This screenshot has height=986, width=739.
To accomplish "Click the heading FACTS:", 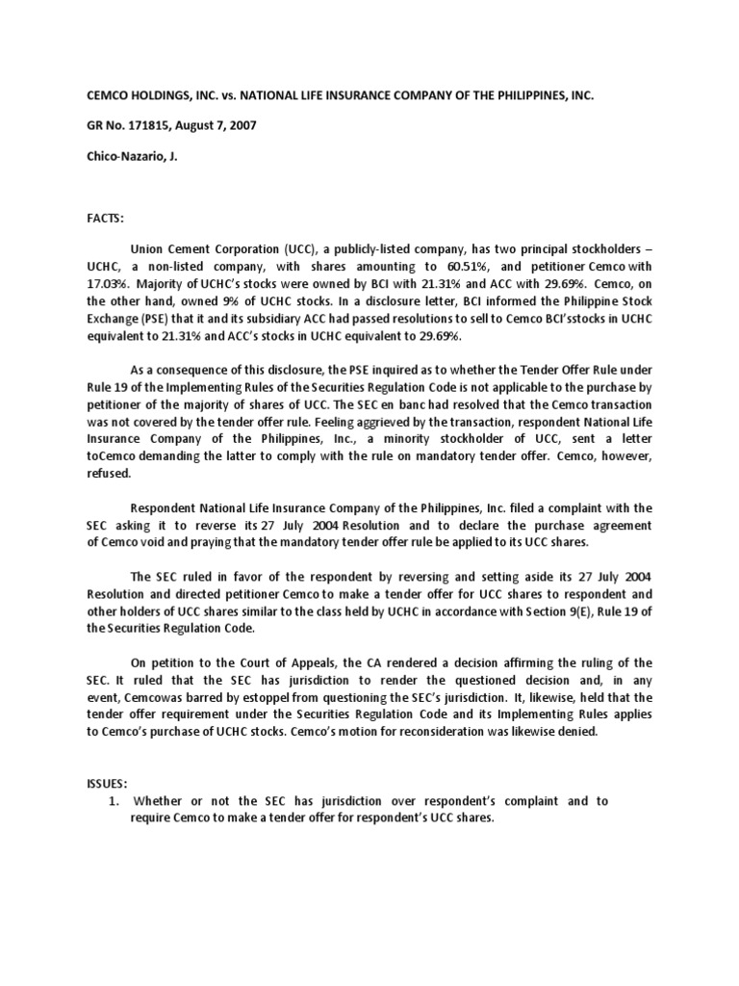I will tap(102, 220).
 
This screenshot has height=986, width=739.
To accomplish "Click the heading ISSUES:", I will tap(104, 784).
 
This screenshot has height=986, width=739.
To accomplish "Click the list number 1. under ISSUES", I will tap(113, 801).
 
